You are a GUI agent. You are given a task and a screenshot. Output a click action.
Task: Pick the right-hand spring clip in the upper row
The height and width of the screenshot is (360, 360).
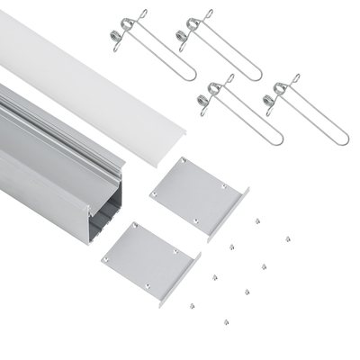220,45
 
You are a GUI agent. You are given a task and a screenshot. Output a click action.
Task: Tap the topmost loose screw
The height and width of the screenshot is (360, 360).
257,219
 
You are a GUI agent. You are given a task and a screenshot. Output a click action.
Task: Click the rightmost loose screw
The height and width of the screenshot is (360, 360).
288,239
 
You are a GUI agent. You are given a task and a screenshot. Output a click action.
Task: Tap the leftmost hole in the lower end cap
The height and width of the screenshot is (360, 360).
106,258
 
